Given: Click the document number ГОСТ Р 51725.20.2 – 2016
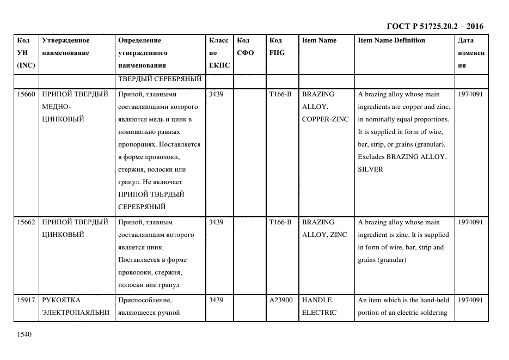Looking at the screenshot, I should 434,26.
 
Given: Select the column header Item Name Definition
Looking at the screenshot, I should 391,40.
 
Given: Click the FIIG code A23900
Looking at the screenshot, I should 281,300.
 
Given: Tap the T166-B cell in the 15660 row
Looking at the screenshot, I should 280,94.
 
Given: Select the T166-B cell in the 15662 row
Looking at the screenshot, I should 280,222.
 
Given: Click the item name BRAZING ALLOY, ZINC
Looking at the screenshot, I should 324,229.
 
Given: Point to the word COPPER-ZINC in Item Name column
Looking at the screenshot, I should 324,119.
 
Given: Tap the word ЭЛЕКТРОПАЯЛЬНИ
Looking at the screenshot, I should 76,313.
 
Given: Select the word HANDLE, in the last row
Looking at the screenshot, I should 317,300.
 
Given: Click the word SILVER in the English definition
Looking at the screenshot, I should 370,169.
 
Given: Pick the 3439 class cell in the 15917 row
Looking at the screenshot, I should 216,300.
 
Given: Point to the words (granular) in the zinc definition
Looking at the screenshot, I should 389,260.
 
